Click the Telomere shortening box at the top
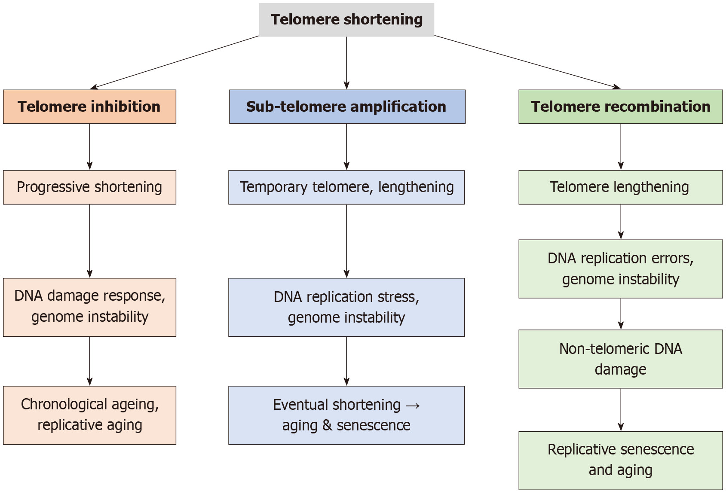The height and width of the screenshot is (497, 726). pyautogui.click(x=346, y=20)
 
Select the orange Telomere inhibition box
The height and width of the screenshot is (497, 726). pyautogui.click(x=89, y=107)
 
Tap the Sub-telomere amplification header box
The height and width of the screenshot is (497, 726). pyautogui.click(x=347, y=107)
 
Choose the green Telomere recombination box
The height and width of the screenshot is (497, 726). pyautogui.click(x=620, y=107)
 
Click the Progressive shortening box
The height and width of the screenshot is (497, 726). pyautogui.click(x=89, y=187)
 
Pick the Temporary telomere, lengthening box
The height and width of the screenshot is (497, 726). pyautogui.click(x=346, y=187)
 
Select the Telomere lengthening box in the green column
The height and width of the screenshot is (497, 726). pyautogui.click(x=620, y=187)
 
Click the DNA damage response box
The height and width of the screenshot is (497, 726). pyautogui.click(x=89, y=307)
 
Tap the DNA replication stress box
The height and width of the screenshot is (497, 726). pyautogui.click(x=346, y=307)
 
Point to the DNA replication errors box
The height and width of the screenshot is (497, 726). pyautogui.click(x=620, y=268)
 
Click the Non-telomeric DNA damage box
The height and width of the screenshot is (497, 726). pyautogui.click(x=620, y=359)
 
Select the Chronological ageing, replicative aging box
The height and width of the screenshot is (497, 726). pyautogui.click(x=89, y=415)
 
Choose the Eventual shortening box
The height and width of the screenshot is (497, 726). pyautogui.click(x=346, y=415)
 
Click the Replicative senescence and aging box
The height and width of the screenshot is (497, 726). pyautogui.click(x=620, y=460)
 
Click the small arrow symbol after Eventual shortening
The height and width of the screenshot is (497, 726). pyautogui.click(x=413, y=405)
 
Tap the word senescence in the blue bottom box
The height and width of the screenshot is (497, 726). pyautogui.click(x=373, y=426)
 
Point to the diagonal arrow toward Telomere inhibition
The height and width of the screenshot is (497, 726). pyautogui.click(x=174, y=62)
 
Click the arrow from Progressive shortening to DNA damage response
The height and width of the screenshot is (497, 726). pyautogui.click(x=89, y=241)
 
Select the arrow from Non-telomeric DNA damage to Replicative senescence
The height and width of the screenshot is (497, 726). pyautogui.click(x=620, y=409)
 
